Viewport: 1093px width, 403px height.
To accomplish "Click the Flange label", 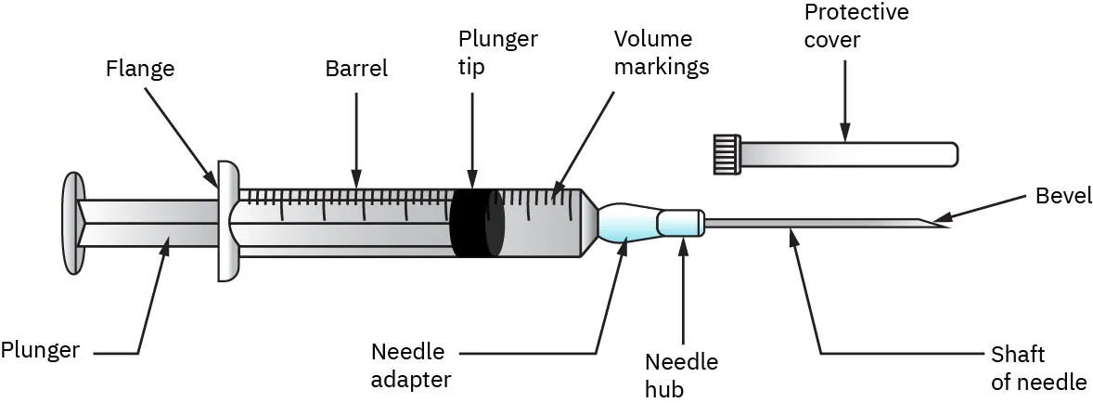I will click(x=141, y=68).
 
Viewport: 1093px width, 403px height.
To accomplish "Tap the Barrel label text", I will click(x=356, y=68).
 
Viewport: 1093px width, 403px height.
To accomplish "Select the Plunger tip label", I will click(x=497, y=54).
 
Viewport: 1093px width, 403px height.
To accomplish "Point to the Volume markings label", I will click(x=662, y=54).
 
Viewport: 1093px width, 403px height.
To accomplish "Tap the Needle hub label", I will click(x=681, y=375).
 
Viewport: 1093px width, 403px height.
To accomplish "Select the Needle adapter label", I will click(x=410, y=366).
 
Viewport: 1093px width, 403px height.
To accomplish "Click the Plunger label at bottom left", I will click(x=40, y=351).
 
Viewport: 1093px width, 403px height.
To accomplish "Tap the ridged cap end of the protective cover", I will click(x=726, y=153).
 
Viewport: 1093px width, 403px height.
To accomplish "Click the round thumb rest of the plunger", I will click(x=71, y=225).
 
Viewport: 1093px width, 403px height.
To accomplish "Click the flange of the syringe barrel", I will click(x=228, y=221).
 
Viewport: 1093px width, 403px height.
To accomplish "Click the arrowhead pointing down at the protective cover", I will click(x=844, y=136).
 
